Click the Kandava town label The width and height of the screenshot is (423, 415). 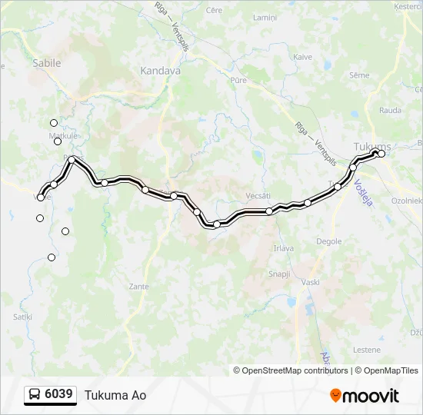tap(160, 70)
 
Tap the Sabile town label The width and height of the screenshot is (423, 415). tap(46, 64)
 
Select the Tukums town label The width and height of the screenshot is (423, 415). tap(372, 147)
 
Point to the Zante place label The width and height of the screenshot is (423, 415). tap(139, 286)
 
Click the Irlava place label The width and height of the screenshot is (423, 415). tap(284, 248)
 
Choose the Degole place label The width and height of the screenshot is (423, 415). tap(329, 241)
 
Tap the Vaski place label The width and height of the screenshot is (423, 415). tap(311, 282)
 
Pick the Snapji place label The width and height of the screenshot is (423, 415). tap(278, 274)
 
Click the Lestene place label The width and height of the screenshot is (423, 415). tap(366, 350)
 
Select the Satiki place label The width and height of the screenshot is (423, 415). tap(22, 316)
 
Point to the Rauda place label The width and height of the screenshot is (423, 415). tap(390, 110)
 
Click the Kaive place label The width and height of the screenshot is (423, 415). tap(302, 57)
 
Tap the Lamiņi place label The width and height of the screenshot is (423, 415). tap(265, 17)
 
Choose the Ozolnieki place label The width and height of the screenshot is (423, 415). tap(407, 200)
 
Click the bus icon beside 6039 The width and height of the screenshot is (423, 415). tap(35, 395)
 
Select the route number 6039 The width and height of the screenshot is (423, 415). tap(59, 394)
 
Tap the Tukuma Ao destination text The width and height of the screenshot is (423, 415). tap(115, 395)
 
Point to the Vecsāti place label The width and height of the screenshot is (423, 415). tap(259, 196)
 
